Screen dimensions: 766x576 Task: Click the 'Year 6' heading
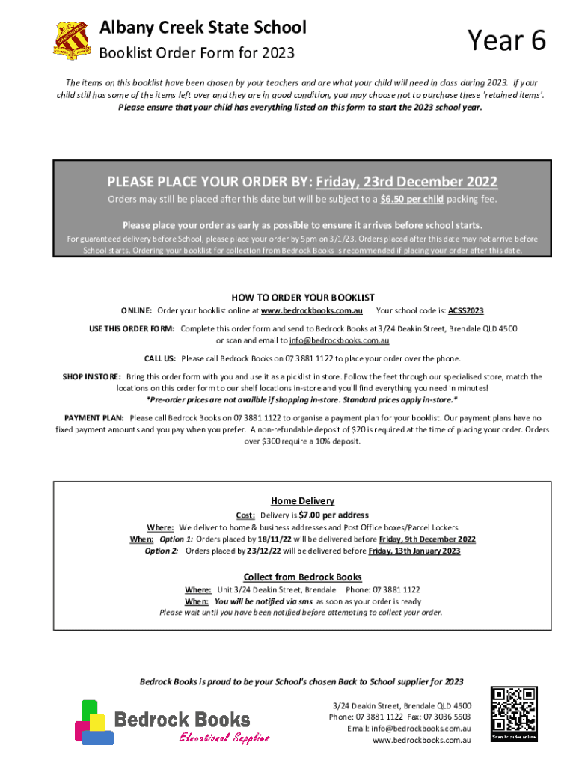point(506,41)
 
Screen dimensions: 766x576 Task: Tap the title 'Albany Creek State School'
point(203,28)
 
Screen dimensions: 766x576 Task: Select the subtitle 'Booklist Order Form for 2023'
point(197,53)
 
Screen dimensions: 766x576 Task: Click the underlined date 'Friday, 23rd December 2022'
point(407,182)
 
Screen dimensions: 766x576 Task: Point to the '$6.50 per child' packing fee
point(412,200)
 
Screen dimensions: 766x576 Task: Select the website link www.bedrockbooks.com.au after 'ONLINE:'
point(311,310)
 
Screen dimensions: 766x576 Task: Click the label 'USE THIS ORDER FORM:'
point(132,329)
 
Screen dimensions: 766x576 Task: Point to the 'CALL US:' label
point(160,358)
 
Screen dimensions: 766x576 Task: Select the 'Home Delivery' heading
point(302,501)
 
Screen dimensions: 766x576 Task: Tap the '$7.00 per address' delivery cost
point(333,515)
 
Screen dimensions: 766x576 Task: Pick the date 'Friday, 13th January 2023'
point(414,551)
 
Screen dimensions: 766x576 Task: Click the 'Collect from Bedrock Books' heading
point(302,577)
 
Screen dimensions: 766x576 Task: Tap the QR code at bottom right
point(514,714)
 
